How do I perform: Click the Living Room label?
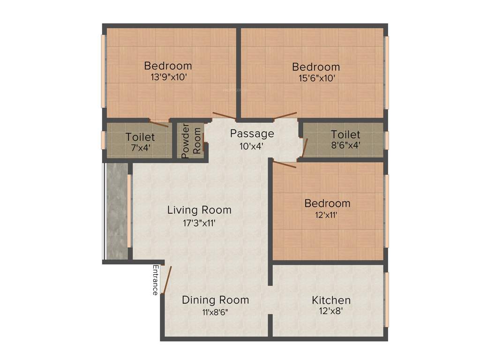[199, 210]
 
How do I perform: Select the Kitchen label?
[331, 300]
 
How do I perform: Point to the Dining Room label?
[215, 300]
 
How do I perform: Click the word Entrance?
[155, 280]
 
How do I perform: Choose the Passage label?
[252, 134]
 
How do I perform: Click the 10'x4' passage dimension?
[251, 146]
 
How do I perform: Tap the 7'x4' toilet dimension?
[139, 149]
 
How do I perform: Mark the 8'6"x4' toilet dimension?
[345, 146]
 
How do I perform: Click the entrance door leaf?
[167, 280]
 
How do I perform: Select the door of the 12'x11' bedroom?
[284, 164]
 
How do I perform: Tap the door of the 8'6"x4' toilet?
[305, 147]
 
